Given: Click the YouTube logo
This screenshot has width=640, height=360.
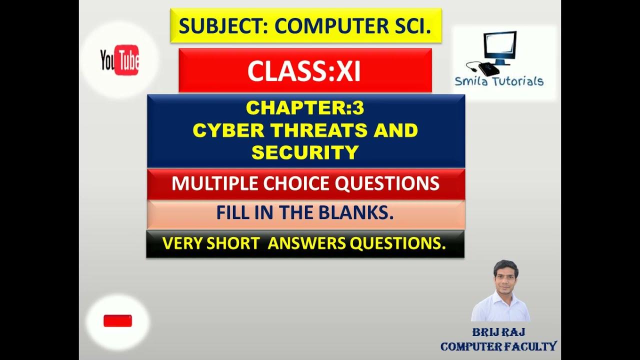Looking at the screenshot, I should click(120, 60).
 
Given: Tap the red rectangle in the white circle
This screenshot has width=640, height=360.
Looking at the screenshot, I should click(117, 321).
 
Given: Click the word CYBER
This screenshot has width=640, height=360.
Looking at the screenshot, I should click(228, 130).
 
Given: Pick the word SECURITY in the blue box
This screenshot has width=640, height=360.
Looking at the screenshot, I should click(305, 152).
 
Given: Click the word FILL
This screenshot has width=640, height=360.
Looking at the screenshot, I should click(233, 213).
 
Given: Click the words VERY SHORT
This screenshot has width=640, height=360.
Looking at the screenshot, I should click(210, 243).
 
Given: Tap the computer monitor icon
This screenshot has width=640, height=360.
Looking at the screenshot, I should click(500, 47).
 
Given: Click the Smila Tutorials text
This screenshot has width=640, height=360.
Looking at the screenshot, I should click(498, 81).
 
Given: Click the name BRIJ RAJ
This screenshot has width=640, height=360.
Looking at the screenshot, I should click(498, 332).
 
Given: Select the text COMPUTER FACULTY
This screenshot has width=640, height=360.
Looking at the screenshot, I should click(498, 346).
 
